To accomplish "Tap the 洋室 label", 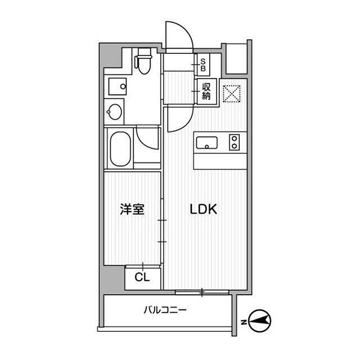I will tap(132, 210).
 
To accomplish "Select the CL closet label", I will tap(142, 277).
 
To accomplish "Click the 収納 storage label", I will tap(206, 91).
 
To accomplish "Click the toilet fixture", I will tap(145, 62).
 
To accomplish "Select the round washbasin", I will tap(115, 111).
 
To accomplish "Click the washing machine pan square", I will tap(119, 87).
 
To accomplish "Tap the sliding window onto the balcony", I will tap(202, 292).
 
